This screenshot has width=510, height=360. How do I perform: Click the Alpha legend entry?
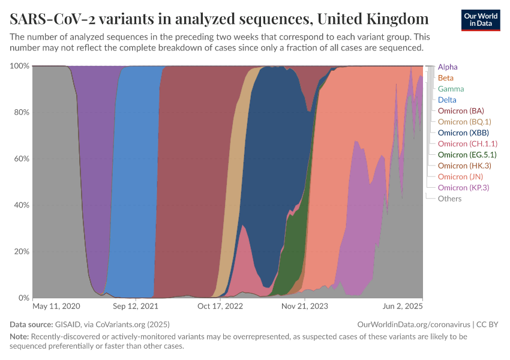coord(448,67)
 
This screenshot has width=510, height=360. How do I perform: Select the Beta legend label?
coord(446,78)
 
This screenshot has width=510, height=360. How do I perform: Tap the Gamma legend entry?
coord(451,89)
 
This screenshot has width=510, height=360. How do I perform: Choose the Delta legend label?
coord(447,100)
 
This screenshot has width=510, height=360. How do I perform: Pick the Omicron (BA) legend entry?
coord(461,111)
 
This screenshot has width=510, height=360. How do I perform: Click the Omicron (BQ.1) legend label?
coord(465,122)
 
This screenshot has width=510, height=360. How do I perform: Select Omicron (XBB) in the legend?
coord(463,133)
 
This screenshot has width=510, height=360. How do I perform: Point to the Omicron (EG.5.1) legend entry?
coord(467,155)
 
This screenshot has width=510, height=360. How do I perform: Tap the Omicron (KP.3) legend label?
coord(463,188)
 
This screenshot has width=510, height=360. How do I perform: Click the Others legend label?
coord(449,199)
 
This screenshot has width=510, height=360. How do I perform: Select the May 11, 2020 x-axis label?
coord(56,306)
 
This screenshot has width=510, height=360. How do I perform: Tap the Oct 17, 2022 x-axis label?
coord(220,306)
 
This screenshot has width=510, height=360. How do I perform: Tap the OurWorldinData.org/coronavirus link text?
coord(413,324)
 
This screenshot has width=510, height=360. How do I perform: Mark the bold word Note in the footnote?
coord(19,337)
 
